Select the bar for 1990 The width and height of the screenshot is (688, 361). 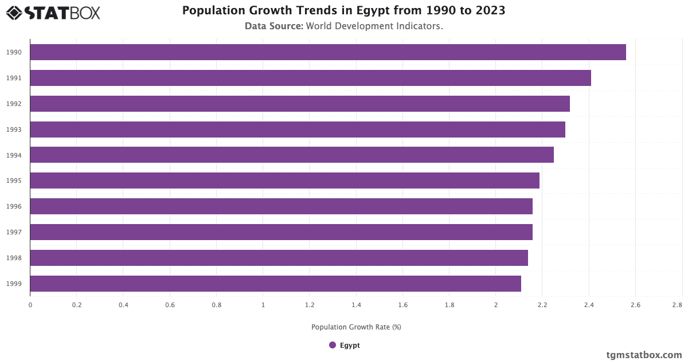click(327, 52)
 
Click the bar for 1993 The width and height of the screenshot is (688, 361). click(297, 130)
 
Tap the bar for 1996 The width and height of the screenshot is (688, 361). click(281, 206)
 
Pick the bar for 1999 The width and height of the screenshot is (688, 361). click(275, 284)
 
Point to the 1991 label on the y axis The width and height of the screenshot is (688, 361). click(14, 78)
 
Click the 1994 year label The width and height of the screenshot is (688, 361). click(14, 155)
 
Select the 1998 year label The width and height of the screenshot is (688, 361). click(14, 258)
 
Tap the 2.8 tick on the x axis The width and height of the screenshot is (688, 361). click(677, 305)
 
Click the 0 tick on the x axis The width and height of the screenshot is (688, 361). click(30, 305)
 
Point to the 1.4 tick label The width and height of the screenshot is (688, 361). click(356, 305)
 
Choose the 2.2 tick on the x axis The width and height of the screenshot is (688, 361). click(542, 305)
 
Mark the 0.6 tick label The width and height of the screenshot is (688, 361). click(170, 305)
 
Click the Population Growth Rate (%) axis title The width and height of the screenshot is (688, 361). click(356, 327)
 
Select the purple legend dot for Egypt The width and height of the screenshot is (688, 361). click(333, 345)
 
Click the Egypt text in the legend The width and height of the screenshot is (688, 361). click(350, 345)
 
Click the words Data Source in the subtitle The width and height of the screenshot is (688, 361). click(273, 26)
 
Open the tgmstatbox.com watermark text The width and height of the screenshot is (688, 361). click(644, 355)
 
